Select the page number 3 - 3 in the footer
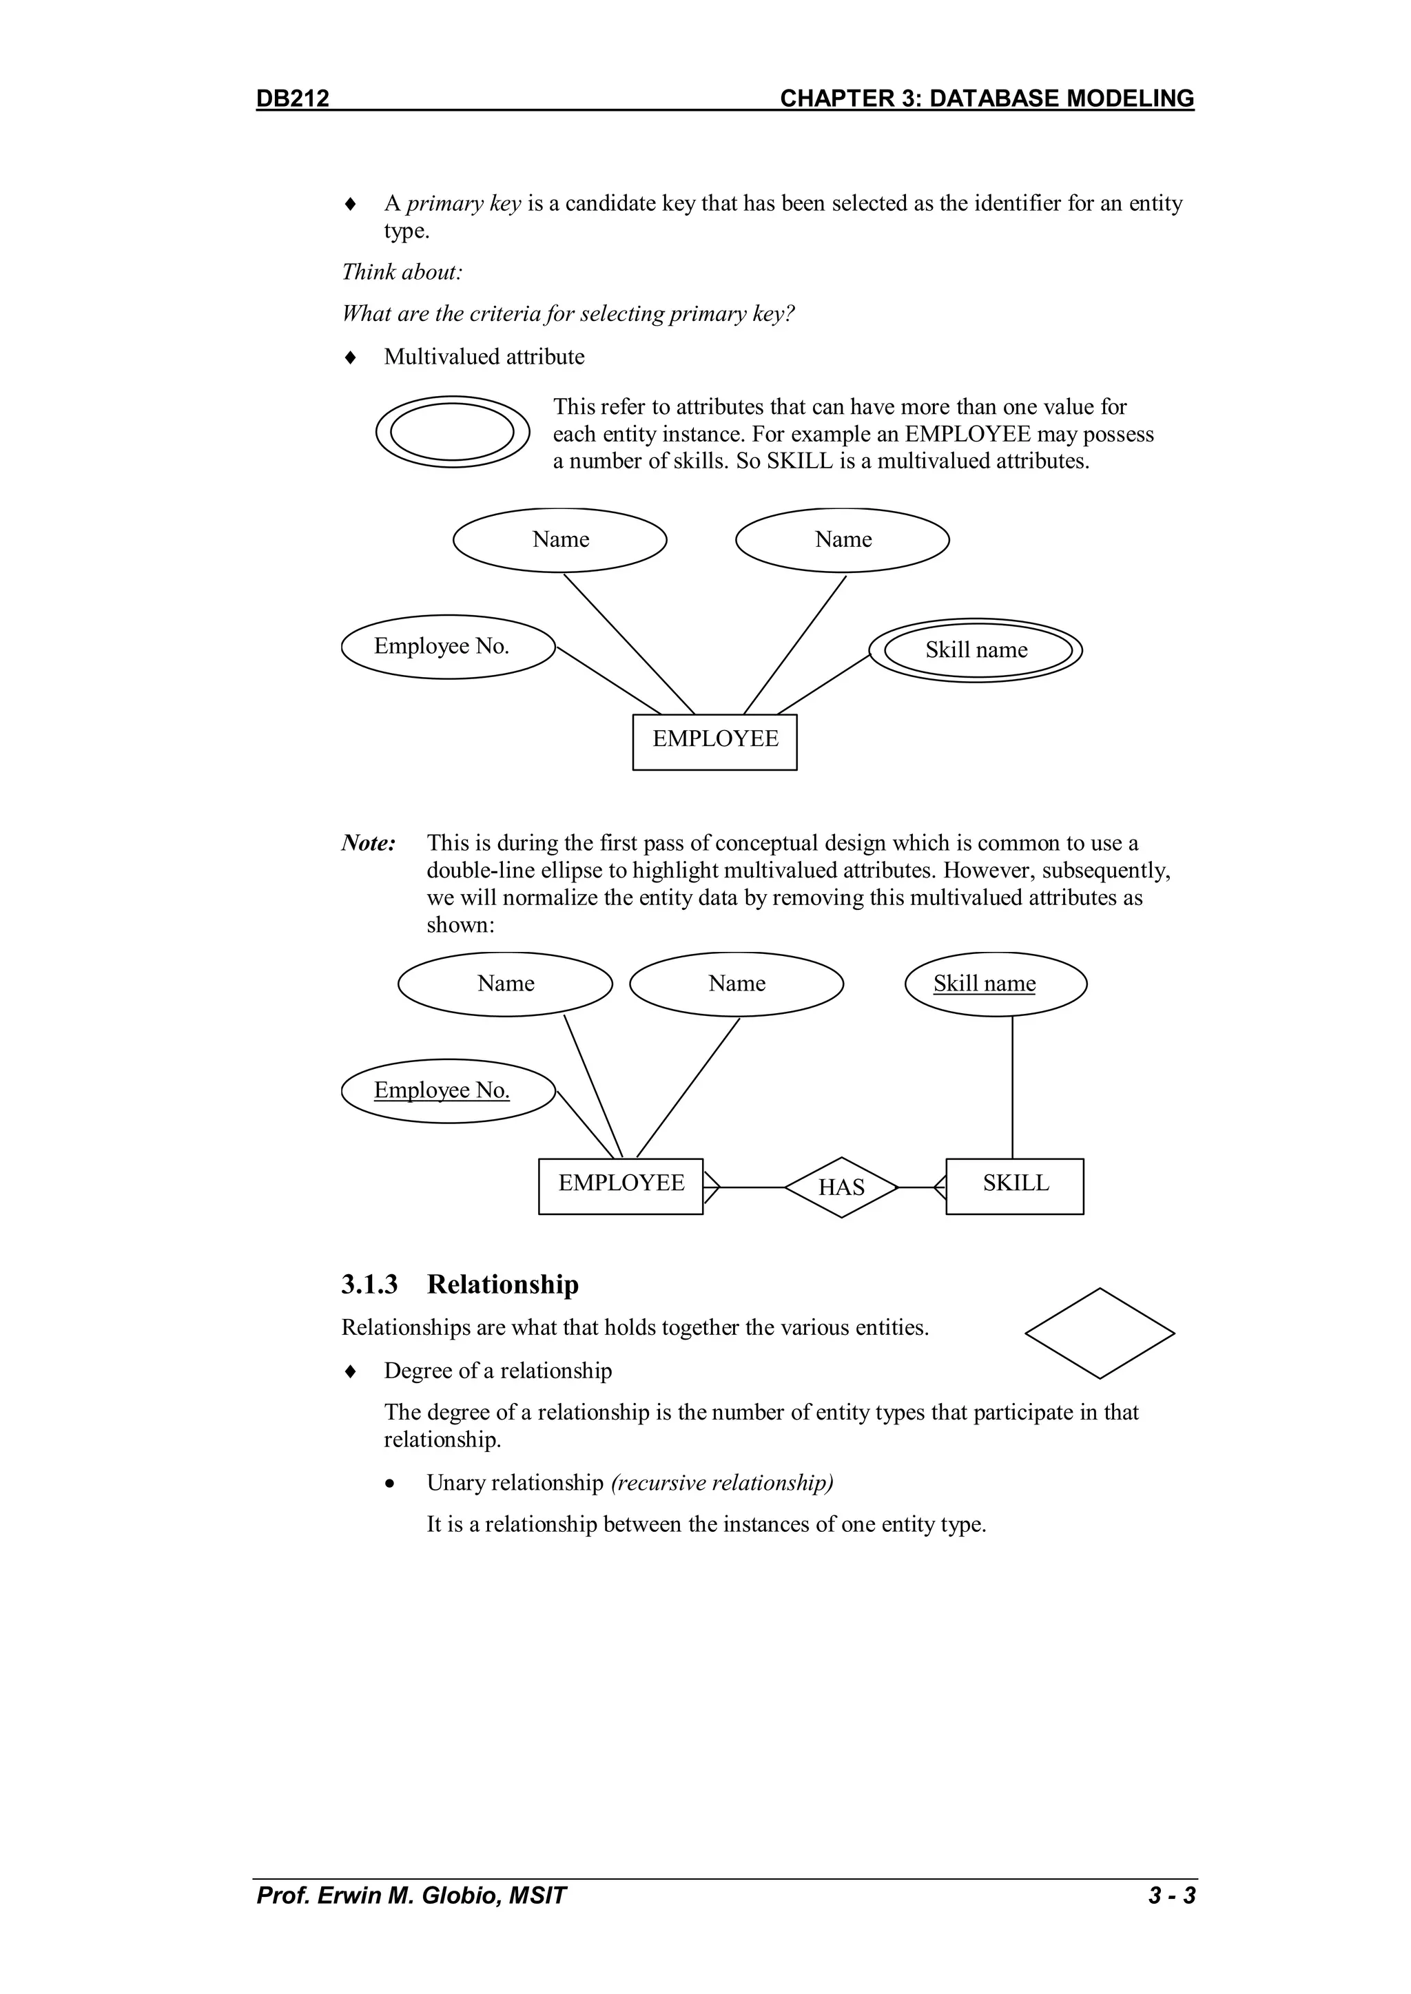tap(1171, 1895)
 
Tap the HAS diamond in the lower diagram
tap(841, 1187)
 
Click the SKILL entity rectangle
tap(1015, 1185)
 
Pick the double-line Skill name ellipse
tap(976, 650)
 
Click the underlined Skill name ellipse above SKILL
tap(996, 984)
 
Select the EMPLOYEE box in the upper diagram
tap(714, 742)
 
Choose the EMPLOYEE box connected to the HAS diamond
tap(620, 1185)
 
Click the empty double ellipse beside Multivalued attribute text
tap(452, 433)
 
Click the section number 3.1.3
tap(369, 1285)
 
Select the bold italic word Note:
tap(369, 843)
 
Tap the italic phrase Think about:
tap(402, 272)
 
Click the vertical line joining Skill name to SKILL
tap(1012, 1088)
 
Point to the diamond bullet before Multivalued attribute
tap(350, 357)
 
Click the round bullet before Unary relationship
tap(392, 1484)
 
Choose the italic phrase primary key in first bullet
tap(463, 203)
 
